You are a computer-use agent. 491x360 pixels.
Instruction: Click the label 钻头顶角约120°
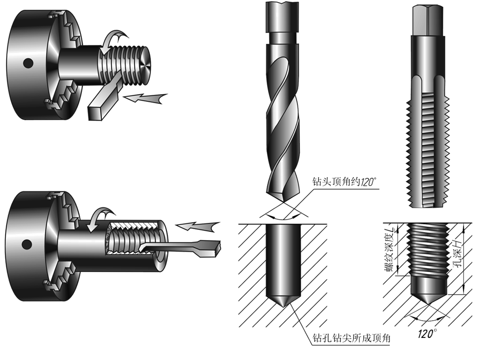tap(344, 182)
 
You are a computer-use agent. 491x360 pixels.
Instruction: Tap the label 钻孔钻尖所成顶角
tap(351, 338)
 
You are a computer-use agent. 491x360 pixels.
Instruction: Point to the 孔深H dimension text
tap(457, 253)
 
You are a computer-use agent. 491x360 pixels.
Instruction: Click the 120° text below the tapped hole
tap(427, 333)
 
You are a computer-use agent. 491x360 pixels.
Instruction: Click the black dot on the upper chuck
tap(28, 63)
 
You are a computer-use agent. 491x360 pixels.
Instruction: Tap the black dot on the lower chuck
tap(26, 245)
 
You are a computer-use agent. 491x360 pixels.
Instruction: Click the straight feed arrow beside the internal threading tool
tap(197, 226)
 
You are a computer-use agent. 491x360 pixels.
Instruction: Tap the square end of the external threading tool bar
tap(95, 114)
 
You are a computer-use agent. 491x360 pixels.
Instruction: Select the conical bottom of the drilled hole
tap(283, 300)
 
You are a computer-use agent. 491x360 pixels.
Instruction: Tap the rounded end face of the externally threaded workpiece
tap(145, 65)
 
